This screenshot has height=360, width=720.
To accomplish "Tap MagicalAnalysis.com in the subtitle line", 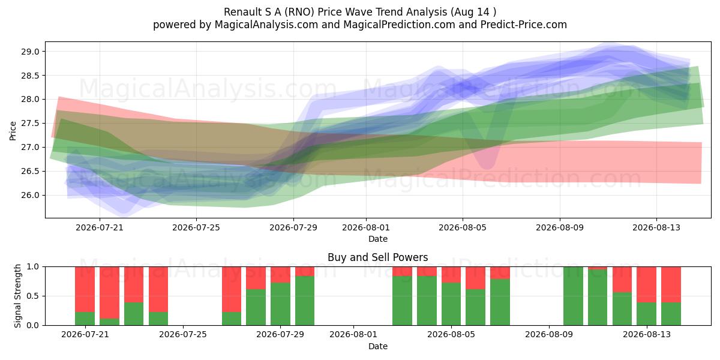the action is coord(266,25).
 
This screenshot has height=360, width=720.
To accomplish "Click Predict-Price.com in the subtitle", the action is coord(524,25).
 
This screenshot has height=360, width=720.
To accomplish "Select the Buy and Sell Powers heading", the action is coord(377,257).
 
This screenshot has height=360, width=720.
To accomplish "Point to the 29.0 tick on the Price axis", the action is coord(30,52).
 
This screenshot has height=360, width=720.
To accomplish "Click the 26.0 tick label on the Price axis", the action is coord(30,196).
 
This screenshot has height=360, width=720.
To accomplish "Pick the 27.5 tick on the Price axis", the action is coord(30,124).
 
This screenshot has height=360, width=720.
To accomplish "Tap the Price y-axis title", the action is coord(13,131).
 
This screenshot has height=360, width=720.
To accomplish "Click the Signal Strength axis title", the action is coord(17,296).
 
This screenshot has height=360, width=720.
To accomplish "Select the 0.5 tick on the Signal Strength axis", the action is coord(32,296).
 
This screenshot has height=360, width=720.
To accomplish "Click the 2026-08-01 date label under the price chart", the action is coord(366,227).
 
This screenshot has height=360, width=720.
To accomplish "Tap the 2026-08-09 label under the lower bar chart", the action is coord(549,335).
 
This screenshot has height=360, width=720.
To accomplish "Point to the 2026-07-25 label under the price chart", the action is coord(196,227).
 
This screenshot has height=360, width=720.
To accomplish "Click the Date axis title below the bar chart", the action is coord(377,346).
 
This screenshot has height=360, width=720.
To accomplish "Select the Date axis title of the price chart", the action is coord(377,239).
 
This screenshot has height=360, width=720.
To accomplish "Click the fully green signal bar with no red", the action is coord(573,296).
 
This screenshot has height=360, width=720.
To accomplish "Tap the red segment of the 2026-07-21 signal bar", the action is coord(85,289).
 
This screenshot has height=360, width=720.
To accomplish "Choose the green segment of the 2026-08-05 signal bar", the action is coord(451,304).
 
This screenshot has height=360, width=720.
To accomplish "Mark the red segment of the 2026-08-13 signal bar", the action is coord(646,285).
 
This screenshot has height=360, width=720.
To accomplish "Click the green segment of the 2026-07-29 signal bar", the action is coord(280,304).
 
